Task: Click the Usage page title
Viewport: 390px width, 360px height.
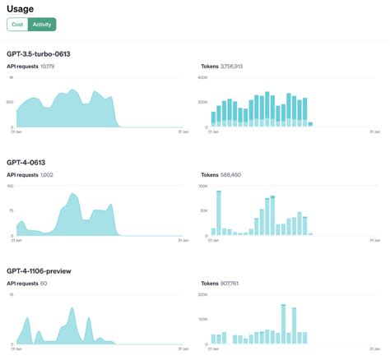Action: tap(21, 9)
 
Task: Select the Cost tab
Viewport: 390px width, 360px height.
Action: tap(17, 25)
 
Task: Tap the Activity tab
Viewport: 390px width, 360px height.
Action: tap(42, 25)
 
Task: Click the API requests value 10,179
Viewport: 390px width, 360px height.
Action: tap(47, 66)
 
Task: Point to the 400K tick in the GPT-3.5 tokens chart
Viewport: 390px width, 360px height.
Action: tap(203, 77)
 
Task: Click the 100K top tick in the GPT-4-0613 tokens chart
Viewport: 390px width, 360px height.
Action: tap(203, 186)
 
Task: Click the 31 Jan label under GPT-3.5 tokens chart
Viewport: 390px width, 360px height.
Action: tap(374, 132)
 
